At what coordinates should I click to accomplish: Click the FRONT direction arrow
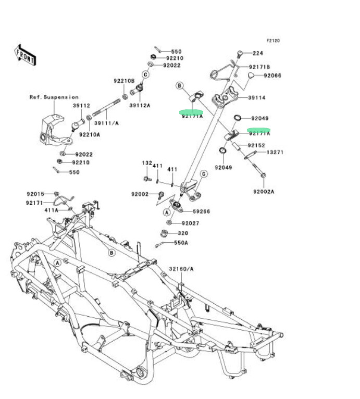(25, 54)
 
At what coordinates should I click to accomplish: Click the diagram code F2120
(274, 40)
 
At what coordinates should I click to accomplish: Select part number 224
(258, 53)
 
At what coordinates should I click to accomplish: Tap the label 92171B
(259, 67)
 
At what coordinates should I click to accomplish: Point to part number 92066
(272, 76)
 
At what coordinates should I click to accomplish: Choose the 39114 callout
(257, 97)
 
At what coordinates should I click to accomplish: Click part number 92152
(256, 145)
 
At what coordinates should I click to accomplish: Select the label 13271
(275, 153)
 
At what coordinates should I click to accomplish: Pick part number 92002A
(264, 192)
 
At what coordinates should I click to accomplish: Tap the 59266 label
(201, 211)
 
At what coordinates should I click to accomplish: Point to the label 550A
(181, 243)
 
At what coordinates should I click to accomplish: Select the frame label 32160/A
(181, 269)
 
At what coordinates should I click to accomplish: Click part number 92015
(36, 194)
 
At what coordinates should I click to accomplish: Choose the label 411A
(51, 210)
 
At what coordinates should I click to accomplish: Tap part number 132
(147, 163)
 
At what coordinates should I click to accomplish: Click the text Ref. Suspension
(54, 97)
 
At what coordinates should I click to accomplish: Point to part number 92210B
(125, 81)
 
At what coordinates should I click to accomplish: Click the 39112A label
(140, 105)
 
